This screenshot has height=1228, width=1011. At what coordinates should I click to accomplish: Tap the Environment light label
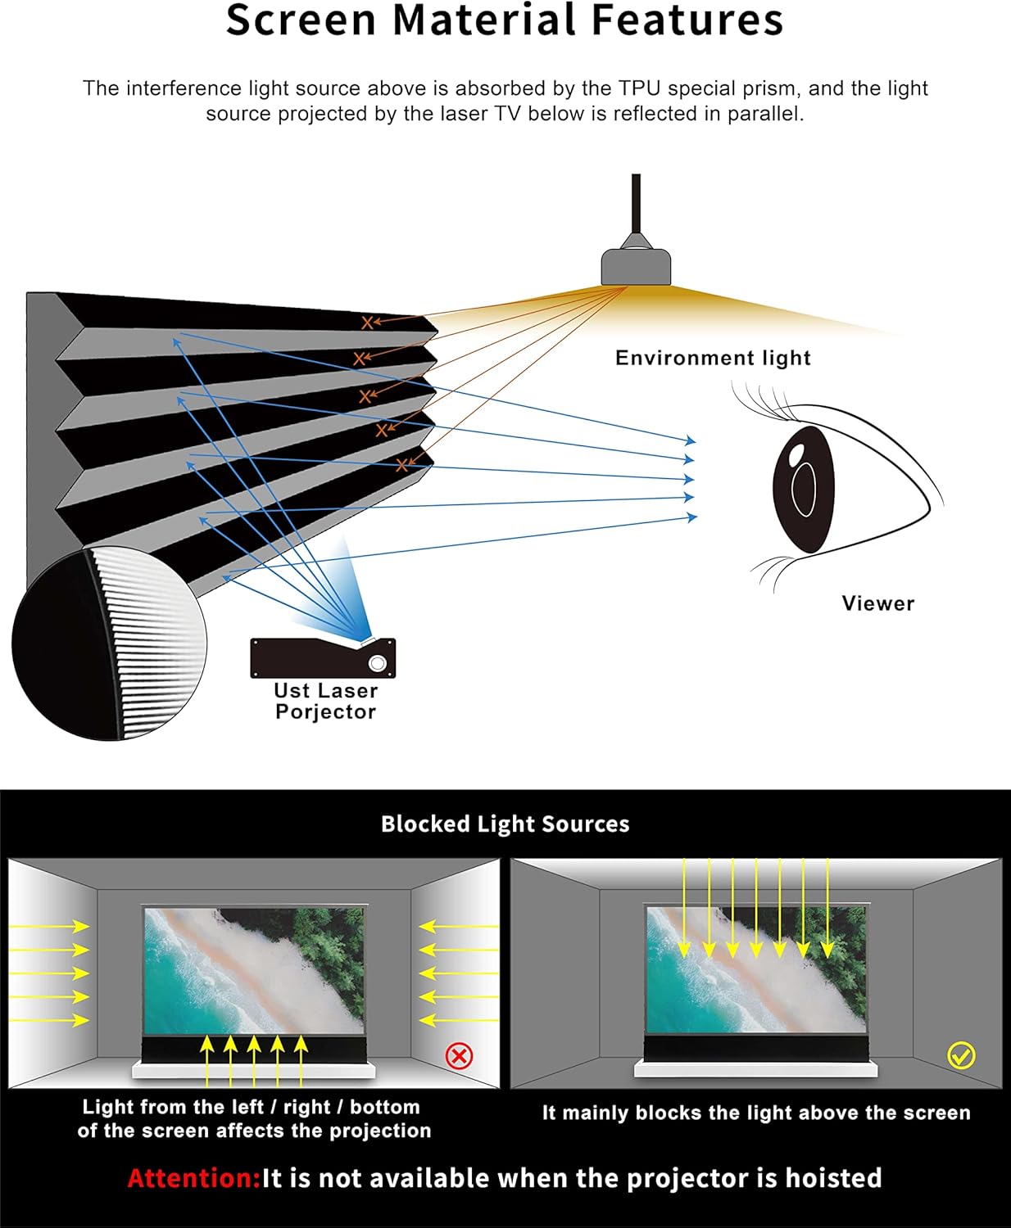(713, 358)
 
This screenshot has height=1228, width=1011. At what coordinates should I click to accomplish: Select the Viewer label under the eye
(877, 603)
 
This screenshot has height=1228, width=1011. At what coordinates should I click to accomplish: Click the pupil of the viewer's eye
(804, 488)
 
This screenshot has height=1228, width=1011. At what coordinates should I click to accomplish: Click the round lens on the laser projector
(377, 662)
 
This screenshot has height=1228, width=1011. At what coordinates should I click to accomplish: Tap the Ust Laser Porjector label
(325, 702)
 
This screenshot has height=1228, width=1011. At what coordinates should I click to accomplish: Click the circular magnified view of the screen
(109, 643)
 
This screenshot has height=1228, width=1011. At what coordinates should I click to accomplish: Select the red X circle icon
(459, 1056)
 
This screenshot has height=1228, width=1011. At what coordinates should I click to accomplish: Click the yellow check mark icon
(961, 1055)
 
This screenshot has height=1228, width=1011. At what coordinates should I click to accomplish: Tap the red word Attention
(193, 1178)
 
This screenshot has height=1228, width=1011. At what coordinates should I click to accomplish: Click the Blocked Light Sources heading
(505, 824)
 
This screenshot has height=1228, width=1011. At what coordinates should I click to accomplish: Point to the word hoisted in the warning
(833, 1178)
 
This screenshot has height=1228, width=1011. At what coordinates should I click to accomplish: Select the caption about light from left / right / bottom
(254, 1118)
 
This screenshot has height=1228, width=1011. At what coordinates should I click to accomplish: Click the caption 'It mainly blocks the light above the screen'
(755, 1113)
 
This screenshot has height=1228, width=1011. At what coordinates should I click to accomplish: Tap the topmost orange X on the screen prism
(367, 323)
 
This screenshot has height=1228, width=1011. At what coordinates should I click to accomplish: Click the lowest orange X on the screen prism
(401, 465)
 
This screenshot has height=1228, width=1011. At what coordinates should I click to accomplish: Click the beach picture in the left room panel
(254, 970)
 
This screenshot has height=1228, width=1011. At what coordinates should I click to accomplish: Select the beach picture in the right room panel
(755, 970)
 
